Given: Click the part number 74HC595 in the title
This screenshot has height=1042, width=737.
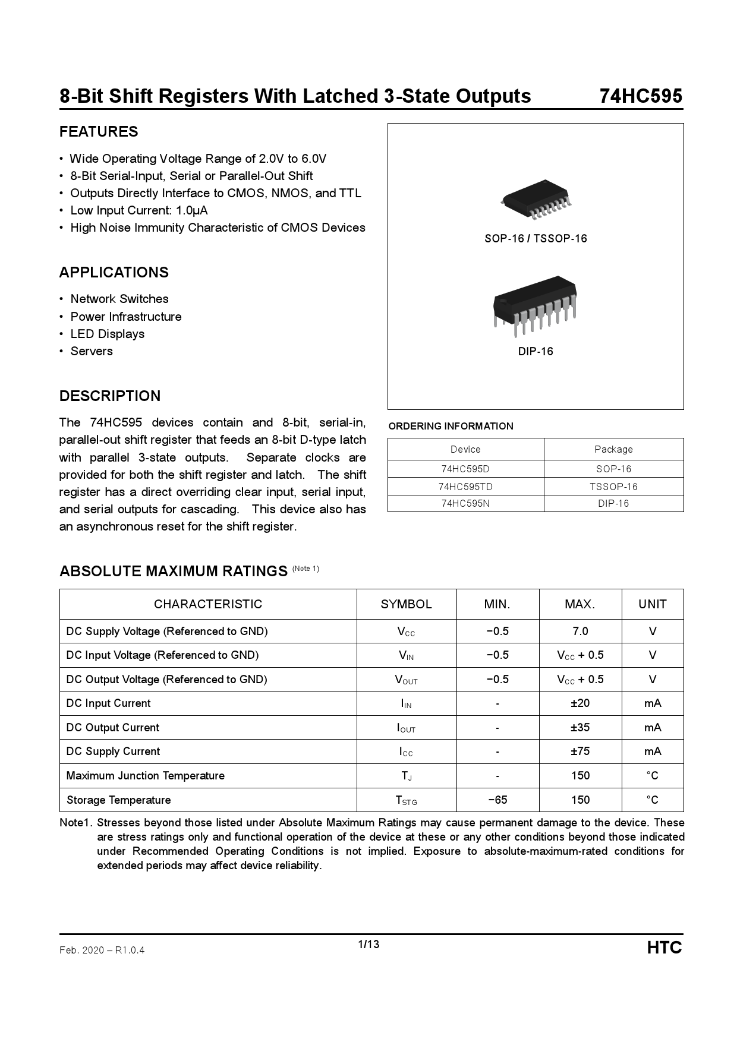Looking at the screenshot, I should tap(641, 96).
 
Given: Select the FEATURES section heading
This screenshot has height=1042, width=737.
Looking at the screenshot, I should tap(99, 132).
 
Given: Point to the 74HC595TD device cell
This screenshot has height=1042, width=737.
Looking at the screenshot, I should tap(465, 487).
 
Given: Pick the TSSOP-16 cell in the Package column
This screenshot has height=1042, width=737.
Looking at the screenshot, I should tap(613, 487).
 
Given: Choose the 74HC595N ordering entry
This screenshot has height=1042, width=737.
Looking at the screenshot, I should tap(465, 503).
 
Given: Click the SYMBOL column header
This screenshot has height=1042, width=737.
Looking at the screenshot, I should tap(407, 604).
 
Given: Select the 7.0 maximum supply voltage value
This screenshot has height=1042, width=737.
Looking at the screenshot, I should tap(580, 631).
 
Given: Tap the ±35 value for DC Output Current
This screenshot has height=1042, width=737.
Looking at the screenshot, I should tap(580, 727).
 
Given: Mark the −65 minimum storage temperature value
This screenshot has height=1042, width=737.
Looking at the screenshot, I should tap(497, 800).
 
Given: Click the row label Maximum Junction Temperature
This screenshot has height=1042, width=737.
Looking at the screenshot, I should tap(146, 775).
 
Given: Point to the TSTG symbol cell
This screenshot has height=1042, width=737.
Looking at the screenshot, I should tap(407, 800).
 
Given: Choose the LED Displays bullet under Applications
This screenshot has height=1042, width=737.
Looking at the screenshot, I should tap(108, 334).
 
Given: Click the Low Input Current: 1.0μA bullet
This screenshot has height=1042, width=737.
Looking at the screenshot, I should tap(139, 210).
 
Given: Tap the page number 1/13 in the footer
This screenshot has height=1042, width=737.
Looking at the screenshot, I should tap(368, 944).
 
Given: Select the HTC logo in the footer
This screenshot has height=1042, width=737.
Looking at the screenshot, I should tap(664, 948).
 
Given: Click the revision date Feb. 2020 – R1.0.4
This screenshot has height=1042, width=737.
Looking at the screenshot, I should tap(102, 950).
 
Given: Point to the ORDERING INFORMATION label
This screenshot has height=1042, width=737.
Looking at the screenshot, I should tap(451, 426).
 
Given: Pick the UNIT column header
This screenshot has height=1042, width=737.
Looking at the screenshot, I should tap(653, 604).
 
